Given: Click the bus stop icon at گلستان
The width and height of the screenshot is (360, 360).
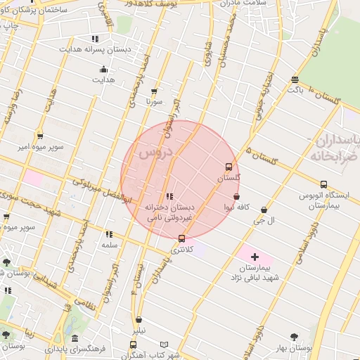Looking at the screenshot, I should (x=229, y=167).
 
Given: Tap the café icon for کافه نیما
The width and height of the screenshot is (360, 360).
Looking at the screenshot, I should (x=236, y=196).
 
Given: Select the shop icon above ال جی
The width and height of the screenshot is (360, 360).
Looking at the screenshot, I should (x=264, y=210).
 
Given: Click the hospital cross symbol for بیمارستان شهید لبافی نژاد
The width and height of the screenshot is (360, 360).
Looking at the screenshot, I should (x=255, y=258).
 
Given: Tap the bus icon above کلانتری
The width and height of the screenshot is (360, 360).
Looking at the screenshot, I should (x=181, y=238).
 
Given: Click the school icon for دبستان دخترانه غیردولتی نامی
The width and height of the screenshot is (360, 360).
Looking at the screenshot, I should (x=169, y=196).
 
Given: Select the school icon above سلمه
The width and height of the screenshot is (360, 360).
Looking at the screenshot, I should (x=108, y=234).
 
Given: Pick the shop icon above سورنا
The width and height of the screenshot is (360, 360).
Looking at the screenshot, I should (x=154, y=91).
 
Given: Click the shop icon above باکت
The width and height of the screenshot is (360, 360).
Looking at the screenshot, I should (x=295, y=79).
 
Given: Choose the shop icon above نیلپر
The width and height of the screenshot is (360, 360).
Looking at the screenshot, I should (x=139, y=319).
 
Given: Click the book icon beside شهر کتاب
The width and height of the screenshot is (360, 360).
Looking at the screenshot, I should (x=165, y=345).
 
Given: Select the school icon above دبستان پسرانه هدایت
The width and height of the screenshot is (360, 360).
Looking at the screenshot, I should (x=95, y=39).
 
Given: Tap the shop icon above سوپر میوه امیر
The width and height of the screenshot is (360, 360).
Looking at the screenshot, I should (x=39, y=136).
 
